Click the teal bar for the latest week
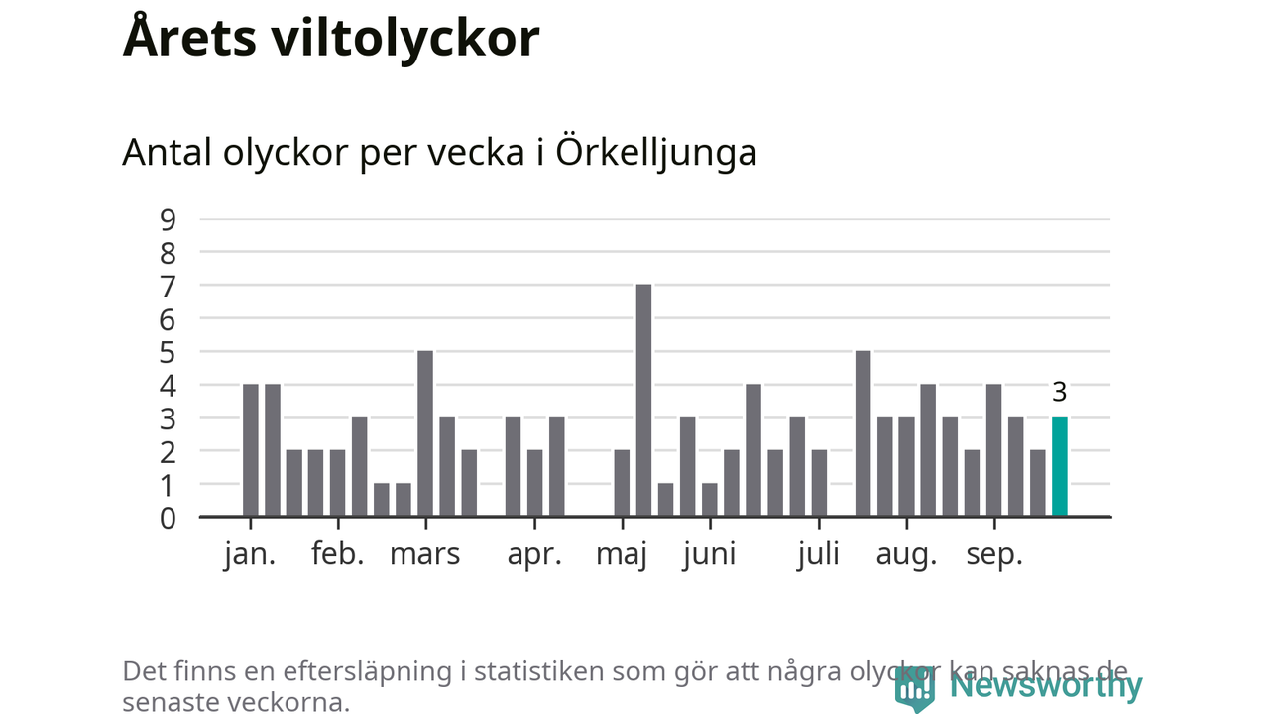[x=1060, y=467]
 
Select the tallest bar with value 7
[x=643, y=401]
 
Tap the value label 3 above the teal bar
[x=1059, y=393]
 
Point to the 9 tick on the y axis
[x=168, y=219]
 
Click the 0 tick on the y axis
[x=168, y=517]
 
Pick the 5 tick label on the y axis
[x=168, y=352]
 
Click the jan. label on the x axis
[x=250, y=554]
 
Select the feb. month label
[x=338, y=554]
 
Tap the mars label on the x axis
[x=424, y=554]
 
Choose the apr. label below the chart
[x=534, y=554]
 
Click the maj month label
[x=622, y=554]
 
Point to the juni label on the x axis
[x=709, y=554]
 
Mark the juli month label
[x=819, y=554]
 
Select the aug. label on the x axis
[x=906, y=554]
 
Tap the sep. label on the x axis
[x=994, y=554]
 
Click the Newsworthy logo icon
[x=914, y=687]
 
